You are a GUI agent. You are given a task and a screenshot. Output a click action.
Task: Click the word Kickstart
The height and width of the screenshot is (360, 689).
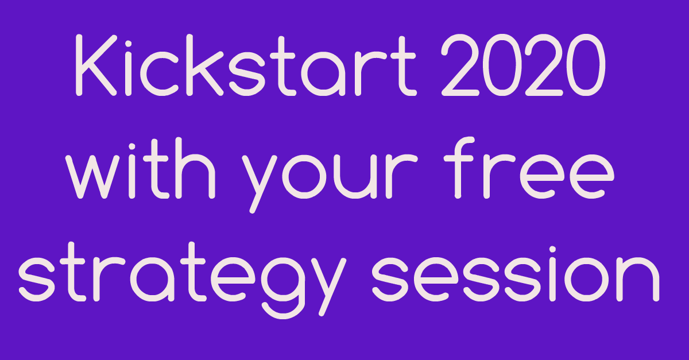tap(246, 65)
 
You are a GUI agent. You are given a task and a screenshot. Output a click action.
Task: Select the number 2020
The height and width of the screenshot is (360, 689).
tap(523, 65)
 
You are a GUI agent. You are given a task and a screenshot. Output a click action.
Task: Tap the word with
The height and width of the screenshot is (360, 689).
tap(140, 168)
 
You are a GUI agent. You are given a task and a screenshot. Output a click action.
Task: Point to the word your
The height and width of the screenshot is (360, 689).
tap(330, 175)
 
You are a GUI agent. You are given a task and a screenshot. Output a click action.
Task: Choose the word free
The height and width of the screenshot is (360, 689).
tap(529, 168)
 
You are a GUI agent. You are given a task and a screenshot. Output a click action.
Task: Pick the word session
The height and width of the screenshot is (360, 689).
tap(516, 274)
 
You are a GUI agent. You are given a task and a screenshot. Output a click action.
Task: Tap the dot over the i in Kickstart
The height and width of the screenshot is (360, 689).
tap(128, 45)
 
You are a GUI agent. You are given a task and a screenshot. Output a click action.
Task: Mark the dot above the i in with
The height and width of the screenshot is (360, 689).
tap(132, 148)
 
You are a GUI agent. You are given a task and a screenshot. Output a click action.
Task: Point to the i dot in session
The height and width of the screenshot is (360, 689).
tap(552, 250)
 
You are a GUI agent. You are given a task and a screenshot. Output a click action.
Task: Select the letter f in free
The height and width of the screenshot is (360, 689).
tap(459, 168)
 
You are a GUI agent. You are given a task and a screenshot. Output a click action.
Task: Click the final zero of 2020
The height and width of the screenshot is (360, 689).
tap(586, 65)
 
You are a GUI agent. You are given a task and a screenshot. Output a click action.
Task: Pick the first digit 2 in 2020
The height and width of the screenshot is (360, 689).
tap(460, 65)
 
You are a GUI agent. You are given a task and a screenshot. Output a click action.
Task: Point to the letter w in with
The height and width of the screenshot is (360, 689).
tap(92, 177)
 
